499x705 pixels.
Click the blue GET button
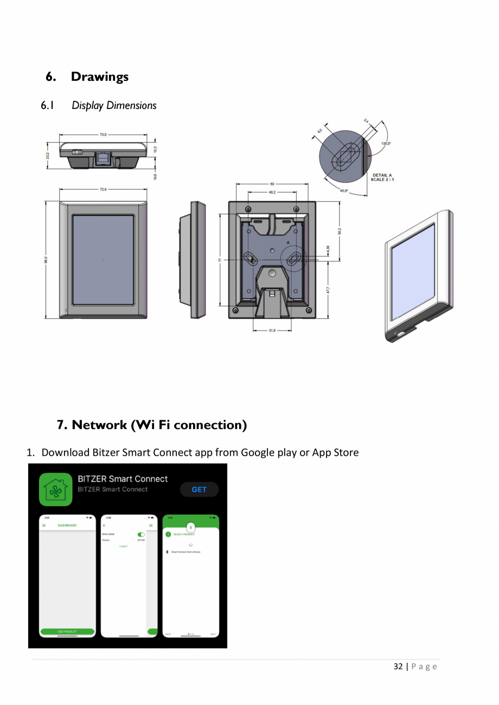[199, 489]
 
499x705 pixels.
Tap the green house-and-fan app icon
[55, 489]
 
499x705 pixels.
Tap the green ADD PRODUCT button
[67, 631]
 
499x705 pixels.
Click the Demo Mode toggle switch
[142, 534]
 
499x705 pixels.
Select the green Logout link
[124, 546]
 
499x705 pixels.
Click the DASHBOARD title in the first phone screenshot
[67, 525]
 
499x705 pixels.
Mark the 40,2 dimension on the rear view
[271, 191]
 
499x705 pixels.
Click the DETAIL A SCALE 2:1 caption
[382, 177]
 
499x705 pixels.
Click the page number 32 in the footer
[398, 666]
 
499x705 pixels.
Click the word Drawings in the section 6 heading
[100, 76]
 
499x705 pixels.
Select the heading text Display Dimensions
[114, 105]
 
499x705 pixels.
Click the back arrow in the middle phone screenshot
[105, 525]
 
